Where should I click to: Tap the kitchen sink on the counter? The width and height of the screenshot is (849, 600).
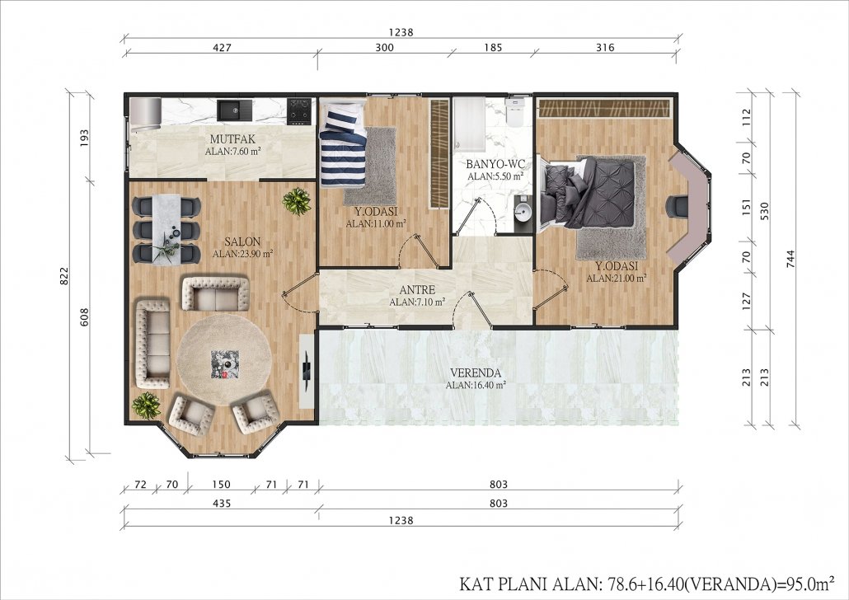coord(235,110)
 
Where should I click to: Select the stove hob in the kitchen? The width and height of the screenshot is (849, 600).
coord(299,110)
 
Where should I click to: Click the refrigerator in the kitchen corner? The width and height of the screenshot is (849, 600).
coord(145,111)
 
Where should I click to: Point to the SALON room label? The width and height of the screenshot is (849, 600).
coord(242,242)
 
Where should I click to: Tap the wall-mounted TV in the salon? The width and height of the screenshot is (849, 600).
coord(307,370)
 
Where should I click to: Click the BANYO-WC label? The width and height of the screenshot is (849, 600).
coord(495,164)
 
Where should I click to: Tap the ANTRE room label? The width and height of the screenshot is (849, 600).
coord(417,290)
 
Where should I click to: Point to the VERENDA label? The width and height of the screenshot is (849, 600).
coord(476,373)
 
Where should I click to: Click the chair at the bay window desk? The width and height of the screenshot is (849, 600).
coord(675,206)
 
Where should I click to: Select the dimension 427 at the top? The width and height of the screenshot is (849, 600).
coord(222,48)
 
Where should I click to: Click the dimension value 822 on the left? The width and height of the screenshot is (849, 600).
coord(64,275)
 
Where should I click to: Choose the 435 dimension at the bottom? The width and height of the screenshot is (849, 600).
coord(222,504)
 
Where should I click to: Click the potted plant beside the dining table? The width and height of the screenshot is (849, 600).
coord(297,201)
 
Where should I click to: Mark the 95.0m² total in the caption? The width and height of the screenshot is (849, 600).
coord(807,584)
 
